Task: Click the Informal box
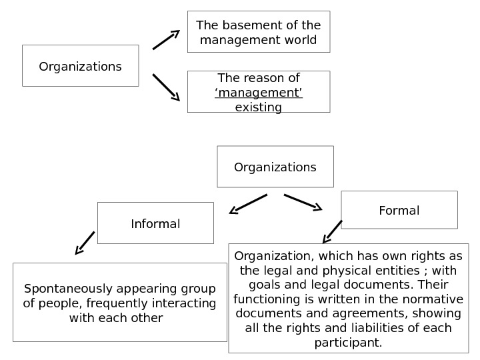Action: click(155, 223)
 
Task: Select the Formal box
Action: click(399, 210)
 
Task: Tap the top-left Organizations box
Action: click(80, 66)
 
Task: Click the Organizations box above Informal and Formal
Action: click(275, 167)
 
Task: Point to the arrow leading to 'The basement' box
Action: click(166, 40)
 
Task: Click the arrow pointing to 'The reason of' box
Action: click(166, 87)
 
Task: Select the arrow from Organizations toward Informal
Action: click(248, 204)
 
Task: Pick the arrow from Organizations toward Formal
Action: click(303, 202)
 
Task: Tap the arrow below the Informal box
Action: click(85, 243)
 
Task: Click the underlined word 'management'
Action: click(259, 93)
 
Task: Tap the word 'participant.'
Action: click(349, 343)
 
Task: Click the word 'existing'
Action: click(259, 107)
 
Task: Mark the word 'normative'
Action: click(433, 299)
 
